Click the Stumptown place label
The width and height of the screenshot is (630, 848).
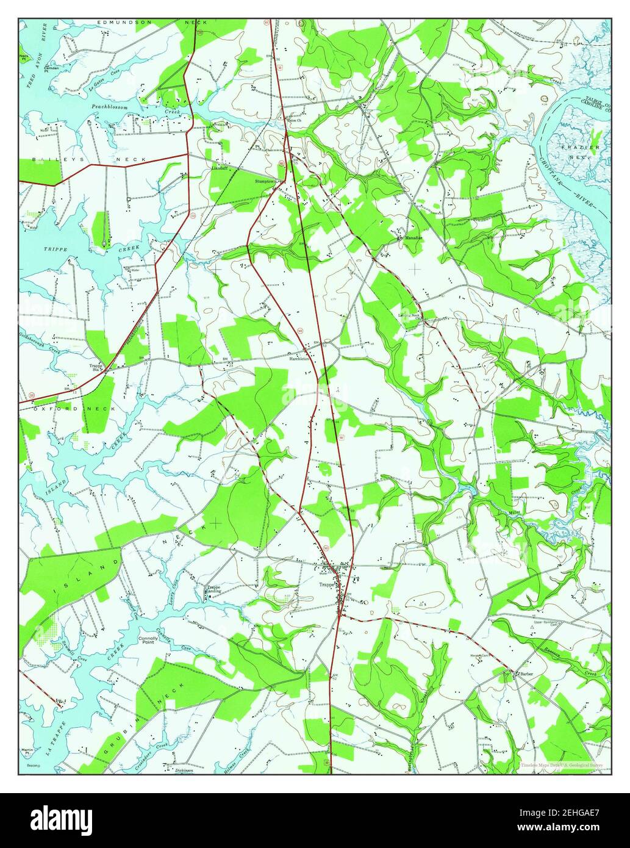pos(267,181)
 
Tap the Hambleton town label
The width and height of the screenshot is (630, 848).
pos(301,359)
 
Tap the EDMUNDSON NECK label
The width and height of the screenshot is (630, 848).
pos(152,22)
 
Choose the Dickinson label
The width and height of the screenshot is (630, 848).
pos(184,770)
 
